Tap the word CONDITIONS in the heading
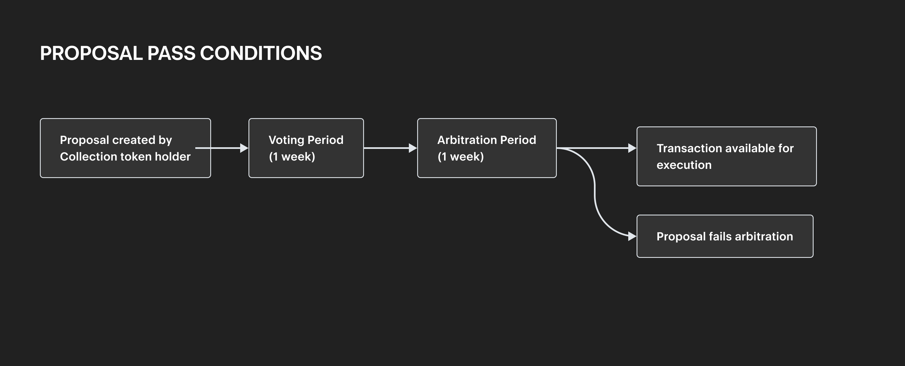pos(261,54)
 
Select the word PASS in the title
pos(171,54)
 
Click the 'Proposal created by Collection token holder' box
pos(125,148)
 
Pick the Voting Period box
pos(306,148)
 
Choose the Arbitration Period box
pos(487,148)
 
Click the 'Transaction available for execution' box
pos(727,156)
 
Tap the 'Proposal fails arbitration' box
pos(725,236)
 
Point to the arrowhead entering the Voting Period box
pos(244,148)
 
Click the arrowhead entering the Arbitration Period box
pos(413,148)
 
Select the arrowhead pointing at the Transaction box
pos(632,148)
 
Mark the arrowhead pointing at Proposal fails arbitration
pos(632,236)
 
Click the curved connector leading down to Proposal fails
pos(595,192)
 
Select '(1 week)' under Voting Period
pos(292,156)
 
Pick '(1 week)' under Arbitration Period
pos(461,156)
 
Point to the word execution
pos(684,165)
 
